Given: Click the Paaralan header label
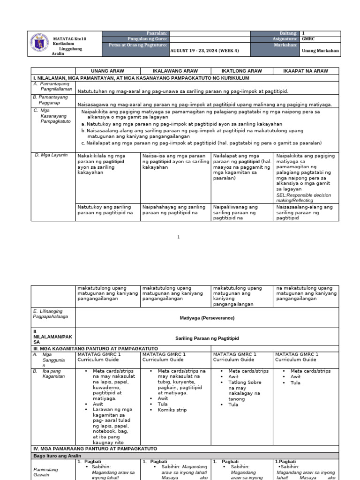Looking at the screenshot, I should point(157,33).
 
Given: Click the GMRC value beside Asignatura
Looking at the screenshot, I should point(308,39).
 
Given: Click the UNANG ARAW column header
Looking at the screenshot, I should point(107,71).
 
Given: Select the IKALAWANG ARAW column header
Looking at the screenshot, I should point(175,71).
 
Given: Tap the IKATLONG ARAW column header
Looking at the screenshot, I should point(242,71).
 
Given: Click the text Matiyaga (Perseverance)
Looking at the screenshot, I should point(207,318).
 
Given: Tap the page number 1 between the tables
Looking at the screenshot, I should point(179,237).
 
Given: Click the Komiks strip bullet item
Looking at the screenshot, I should point(172,410).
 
